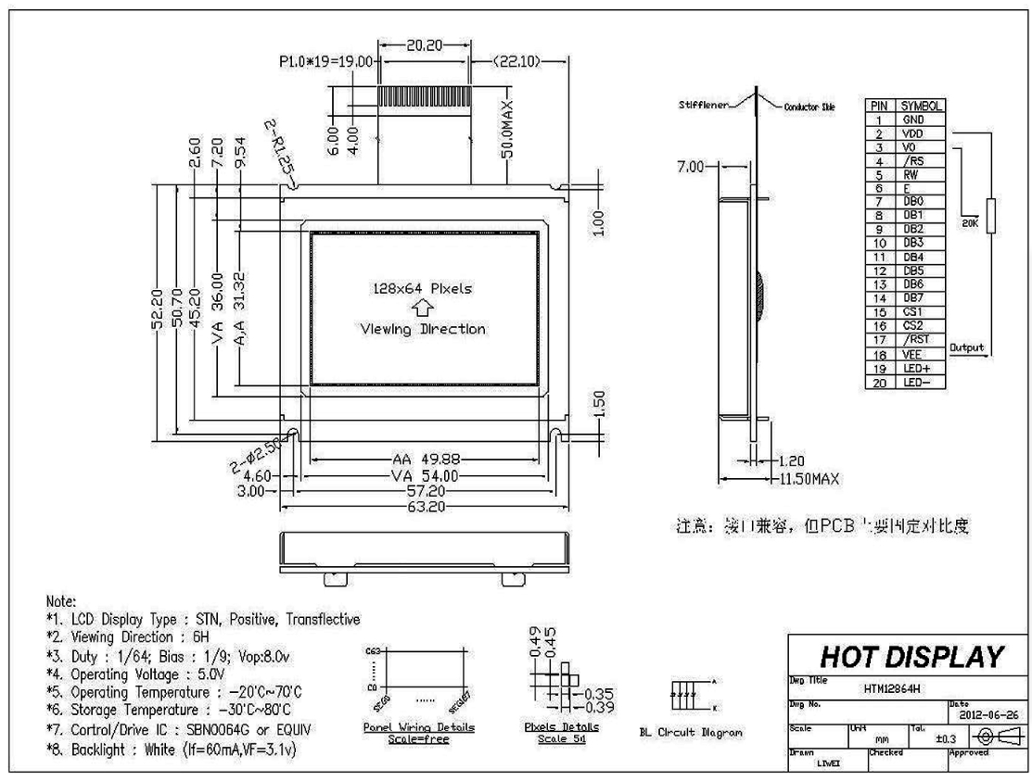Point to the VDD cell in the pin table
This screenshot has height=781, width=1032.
tap(910, 133)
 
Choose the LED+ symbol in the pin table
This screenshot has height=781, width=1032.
tap(910, 368)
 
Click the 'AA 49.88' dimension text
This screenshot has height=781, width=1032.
tap(423, 460)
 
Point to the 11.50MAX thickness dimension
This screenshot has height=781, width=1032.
tap(807, 478)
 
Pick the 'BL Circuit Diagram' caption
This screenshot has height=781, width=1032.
tap(691, 733)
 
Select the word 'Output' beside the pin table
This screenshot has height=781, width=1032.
tap(965, 346)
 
